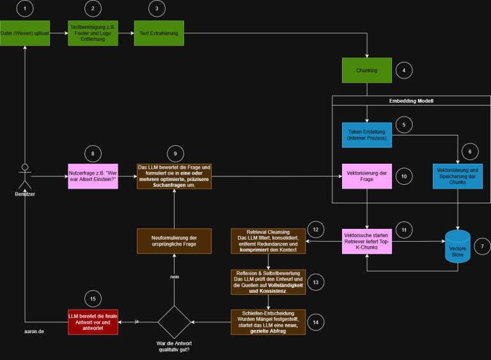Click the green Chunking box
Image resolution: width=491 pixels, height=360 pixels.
click(367, 70)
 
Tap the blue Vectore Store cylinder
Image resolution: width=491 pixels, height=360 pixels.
click(457, 246)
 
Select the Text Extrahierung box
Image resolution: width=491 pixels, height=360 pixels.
click(159, 33)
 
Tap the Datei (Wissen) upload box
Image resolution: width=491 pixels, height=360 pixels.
click(24, 33)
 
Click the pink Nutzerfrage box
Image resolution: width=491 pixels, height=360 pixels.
click(93, 176)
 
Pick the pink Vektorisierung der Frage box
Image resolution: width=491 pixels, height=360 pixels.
click(367, 176)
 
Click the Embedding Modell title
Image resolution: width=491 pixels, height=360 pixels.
click(411, 101)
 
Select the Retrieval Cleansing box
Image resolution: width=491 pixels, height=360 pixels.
click(269, 240)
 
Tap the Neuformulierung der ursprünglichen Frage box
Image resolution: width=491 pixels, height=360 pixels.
click(174, 241)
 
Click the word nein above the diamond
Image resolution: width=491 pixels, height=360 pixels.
click(174, 276)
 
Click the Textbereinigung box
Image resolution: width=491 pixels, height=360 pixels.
click(93, 33)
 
